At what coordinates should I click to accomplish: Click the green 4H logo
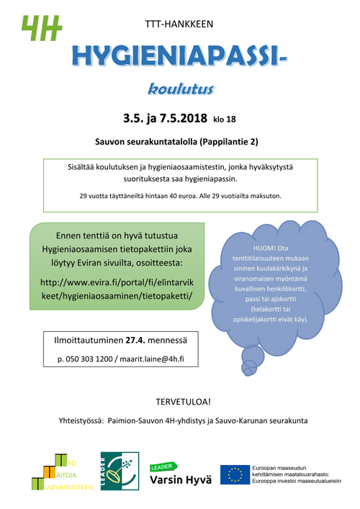click(x=41, y=30)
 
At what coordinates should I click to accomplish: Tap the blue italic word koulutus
click(x=180, y=89)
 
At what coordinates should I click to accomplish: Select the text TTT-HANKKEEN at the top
click(x=179, y=24)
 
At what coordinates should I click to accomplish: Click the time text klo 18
click(x=225, y=119)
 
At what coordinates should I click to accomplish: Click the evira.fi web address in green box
click(x=116, y=289)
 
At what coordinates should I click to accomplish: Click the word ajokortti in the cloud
click(x=281, y=298)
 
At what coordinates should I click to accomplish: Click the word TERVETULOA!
click(x=180, y=400)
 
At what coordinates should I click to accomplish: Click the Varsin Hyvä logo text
click(x=179, y=480)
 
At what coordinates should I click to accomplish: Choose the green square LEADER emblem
click(x=115, y=472)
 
